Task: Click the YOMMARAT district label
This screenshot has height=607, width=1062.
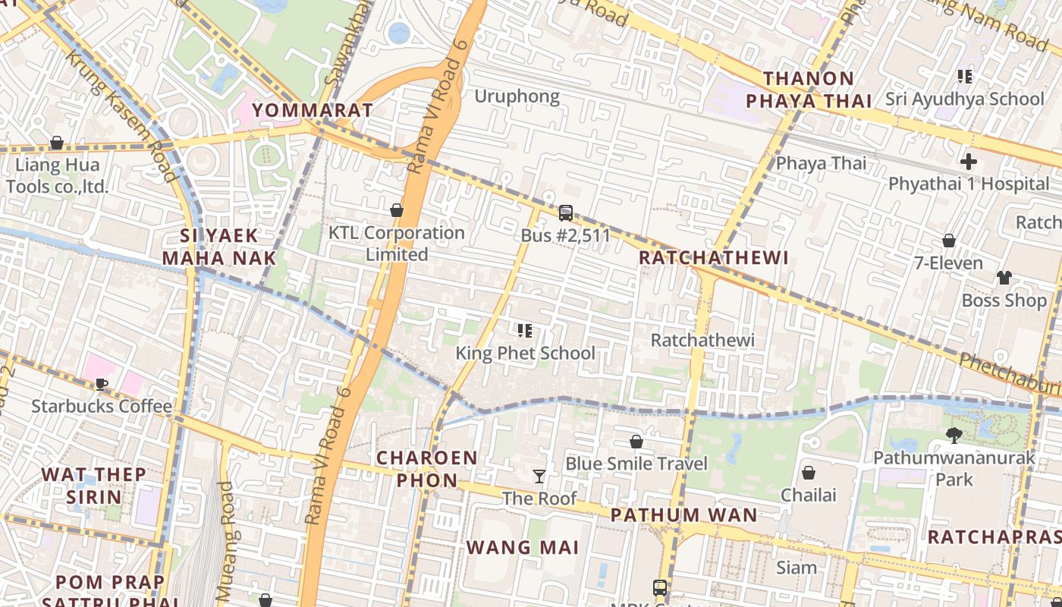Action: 313,110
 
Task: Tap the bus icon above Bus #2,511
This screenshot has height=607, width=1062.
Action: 565,213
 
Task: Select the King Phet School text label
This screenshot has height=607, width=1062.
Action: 525,353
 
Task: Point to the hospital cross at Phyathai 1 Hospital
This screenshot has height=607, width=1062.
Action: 968,162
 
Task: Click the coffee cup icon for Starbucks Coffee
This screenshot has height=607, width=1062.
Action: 102,384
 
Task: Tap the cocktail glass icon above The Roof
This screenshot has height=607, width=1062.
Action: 539,476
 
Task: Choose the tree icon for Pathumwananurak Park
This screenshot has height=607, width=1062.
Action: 954,436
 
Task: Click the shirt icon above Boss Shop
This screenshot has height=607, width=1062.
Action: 1004,278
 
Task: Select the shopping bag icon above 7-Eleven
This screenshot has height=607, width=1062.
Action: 948,241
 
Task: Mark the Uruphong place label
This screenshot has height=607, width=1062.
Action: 517,96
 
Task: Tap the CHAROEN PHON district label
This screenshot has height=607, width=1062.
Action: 427,469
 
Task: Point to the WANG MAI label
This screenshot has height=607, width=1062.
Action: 522,547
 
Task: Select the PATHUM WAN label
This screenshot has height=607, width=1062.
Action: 683,515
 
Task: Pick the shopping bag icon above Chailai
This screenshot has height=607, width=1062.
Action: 809,473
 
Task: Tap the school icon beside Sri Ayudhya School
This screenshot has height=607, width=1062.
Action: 965,76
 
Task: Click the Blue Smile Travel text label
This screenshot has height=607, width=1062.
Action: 636,464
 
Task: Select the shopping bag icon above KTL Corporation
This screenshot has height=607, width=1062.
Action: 396,210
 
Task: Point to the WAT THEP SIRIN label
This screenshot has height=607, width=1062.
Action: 93,486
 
